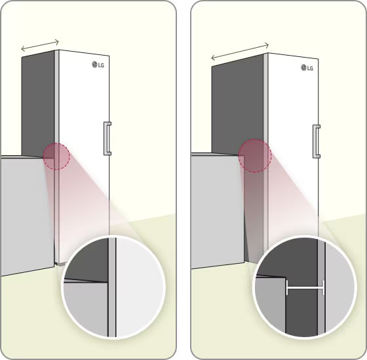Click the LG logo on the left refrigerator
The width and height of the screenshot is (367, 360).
click(98, 65)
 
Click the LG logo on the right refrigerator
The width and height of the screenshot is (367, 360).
click(307, 68)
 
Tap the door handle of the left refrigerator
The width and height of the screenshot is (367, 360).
click(107, 138)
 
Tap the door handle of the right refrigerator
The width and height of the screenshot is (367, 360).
click(316, 141)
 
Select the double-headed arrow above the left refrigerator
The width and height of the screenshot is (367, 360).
click(40, 45)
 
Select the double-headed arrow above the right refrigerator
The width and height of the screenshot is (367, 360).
click(240, 52)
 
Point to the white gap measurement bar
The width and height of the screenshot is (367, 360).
click(305, 288)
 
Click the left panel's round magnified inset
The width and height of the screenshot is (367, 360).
click(113, 287)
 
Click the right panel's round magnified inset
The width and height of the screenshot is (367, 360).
click(305, 287)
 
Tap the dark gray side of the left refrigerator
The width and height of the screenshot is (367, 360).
click(38, 103)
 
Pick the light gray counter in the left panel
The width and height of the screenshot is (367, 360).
click(27, 215)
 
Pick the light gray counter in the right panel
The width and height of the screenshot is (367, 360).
click(217, 210)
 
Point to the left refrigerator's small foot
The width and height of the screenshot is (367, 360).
click(60, 264)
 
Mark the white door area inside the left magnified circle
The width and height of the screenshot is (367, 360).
click(140, 287)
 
